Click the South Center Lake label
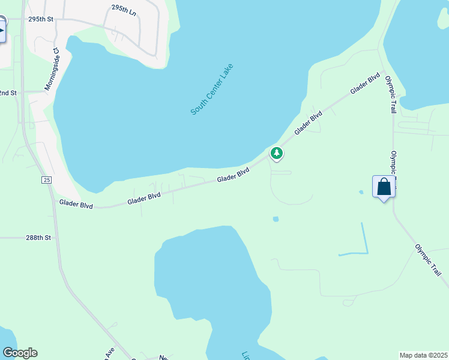click(211, 89)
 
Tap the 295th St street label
click(41, 19)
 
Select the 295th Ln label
click(124, 8)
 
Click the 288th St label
click(39, 238)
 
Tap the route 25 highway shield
click(46, 180)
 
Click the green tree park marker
click(276, 154)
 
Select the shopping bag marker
click(384, 187)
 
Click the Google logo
click(20, 353)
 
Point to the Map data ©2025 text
click(423, 355)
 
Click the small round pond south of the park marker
click(276, 219)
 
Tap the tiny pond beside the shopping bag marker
click(361, 193)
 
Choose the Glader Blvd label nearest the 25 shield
click(76, 205)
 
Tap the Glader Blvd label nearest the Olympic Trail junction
click(366, 83)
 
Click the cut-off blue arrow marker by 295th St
click(2, 30)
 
